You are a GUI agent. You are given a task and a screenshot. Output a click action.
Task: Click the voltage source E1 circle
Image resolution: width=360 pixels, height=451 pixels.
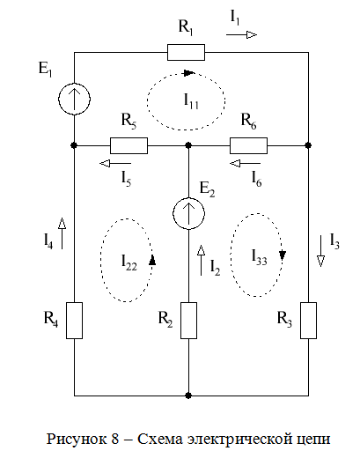coord(74,100)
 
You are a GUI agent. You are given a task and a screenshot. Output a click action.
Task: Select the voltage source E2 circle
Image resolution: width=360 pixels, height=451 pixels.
coord(188,213)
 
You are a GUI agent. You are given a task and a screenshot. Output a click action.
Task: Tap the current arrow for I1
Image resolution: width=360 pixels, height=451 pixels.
coord(242,35)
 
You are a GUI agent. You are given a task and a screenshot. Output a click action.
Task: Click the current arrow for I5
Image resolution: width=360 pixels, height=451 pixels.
coord(115,163)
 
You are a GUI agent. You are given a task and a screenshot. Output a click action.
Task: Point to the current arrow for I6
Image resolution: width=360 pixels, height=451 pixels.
coord(245,163)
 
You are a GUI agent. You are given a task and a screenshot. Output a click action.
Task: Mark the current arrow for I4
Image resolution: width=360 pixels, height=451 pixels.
coord(62,233)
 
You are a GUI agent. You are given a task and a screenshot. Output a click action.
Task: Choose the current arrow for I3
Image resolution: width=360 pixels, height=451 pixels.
coord(320,251)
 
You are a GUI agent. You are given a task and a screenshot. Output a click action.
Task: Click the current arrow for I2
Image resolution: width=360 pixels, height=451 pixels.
coord(201,260)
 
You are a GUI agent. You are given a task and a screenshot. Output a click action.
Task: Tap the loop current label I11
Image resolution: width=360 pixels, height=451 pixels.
coord(191,100)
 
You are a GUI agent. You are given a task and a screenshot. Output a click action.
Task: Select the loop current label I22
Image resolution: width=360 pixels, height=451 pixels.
coord(129,262)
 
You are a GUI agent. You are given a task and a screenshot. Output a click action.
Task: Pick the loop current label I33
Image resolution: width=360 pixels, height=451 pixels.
coord(260,257)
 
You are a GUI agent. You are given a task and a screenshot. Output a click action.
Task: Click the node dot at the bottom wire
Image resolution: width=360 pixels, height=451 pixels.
coord(188,396)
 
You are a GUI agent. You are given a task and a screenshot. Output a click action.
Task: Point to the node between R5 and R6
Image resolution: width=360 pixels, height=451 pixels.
coord(188,145)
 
